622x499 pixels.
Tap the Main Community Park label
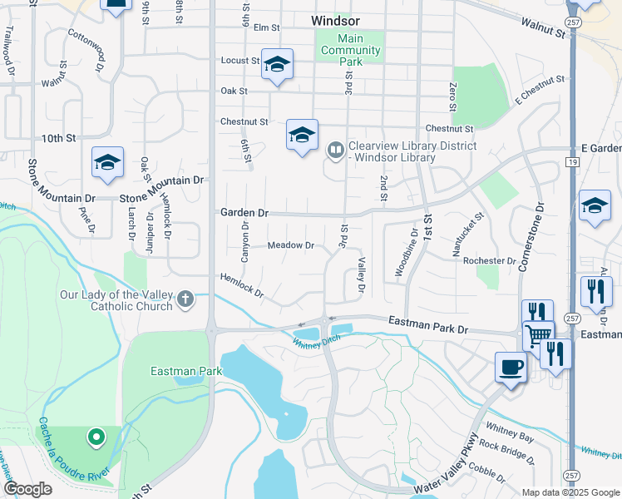pos(351,51)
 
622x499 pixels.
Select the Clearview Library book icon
pos(336,151)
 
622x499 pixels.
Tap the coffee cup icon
pos(510,367)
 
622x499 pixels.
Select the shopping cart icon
pos(537,334)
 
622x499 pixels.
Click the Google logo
pos(27,489)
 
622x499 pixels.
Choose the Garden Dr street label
pos(244,213)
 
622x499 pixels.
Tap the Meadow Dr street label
pos(291,245)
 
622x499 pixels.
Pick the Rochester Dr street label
pos(490,260)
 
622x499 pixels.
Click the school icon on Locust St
pos(277,64)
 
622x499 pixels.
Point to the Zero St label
pos(452,97)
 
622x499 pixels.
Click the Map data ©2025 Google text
pos(570,492)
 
